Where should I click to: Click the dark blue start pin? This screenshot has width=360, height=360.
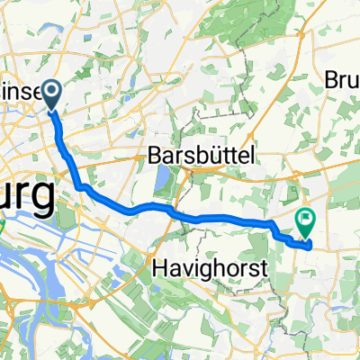click(50, 94)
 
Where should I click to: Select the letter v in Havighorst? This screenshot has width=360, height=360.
click(178, 265)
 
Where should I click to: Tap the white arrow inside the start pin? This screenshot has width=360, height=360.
click(50, 89)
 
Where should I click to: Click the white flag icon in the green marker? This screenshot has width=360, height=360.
click(306, 216)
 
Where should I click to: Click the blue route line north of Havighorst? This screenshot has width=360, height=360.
click(216, 219)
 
